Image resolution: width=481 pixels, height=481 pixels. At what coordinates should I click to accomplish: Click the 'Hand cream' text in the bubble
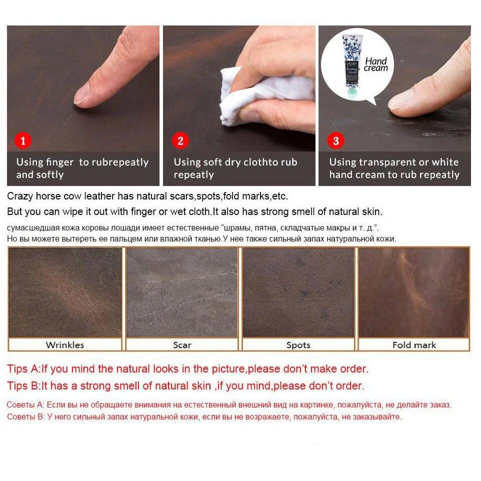376,64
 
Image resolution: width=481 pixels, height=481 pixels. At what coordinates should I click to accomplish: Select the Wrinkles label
65,345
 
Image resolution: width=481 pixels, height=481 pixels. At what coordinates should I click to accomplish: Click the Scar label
182,345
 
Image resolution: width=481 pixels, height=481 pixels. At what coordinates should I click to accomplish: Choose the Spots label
298,345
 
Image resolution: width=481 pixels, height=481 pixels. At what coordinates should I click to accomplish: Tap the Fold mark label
414,345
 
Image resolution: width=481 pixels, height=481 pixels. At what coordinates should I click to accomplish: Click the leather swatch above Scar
182,292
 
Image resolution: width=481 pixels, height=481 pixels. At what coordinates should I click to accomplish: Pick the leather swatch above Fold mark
414,292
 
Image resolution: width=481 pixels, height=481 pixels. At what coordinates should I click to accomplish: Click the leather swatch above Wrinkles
65,292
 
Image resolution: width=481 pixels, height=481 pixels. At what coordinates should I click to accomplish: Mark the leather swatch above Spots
298,292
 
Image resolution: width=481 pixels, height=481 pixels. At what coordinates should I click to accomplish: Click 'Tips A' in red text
23,369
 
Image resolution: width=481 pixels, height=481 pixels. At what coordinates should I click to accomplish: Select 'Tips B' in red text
23,386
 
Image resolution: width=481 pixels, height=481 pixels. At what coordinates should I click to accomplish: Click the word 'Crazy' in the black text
19,196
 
